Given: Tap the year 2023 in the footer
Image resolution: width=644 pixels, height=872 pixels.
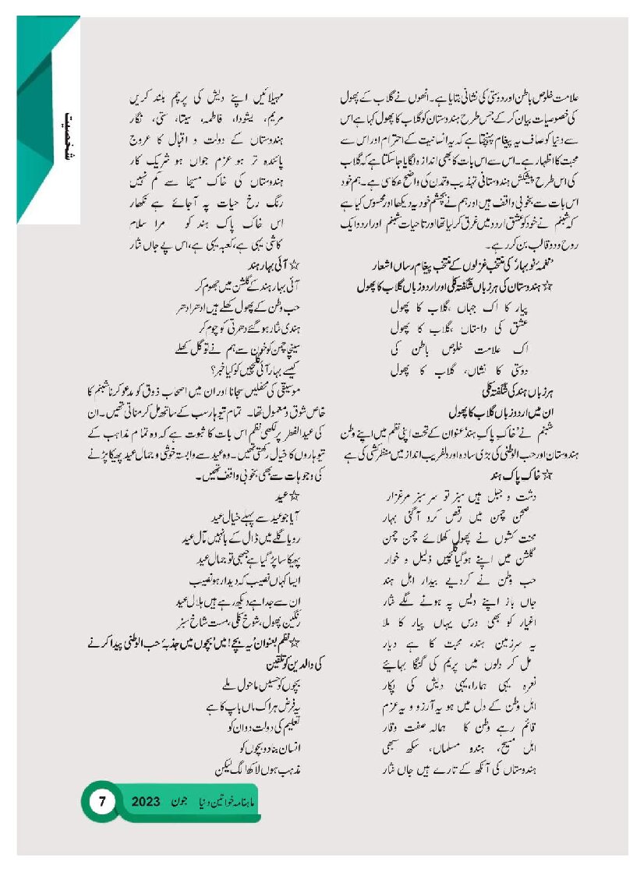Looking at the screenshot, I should (x=147, y=801).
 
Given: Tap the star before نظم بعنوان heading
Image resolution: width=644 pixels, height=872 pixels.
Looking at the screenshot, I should (x=313, y=639).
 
